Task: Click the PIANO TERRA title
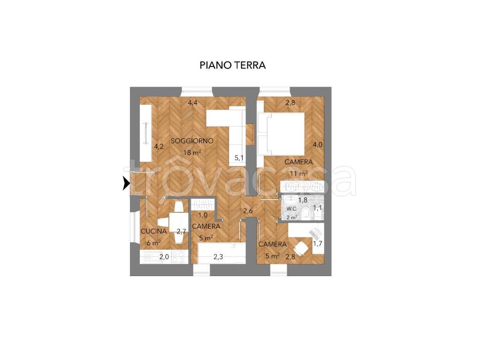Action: click(232, 65)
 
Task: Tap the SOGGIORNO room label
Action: click(192, 141)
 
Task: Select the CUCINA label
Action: click(154, 231)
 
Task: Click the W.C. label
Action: click(292, 209)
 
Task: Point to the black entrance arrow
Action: click(126, 184)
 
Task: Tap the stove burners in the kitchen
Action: click(179, 257)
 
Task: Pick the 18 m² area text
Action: click(192, 152)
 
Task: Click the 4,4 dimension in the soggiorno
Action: click(192, 103)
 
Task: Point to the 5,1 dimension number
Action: click(239, 158)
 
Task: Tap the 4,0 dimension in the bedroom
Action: click(318, 145)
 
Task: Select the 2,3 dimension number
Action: click(218, 257)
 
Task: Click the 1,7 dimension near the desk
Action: click(318, 244)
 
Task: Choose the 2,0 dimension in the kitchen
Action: click(164, 257)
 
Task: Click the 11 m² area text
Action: click(299, 173)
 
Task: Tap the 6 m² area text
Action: click(154, 243)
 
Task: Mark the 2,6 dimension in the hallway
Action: click(248, 211)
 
